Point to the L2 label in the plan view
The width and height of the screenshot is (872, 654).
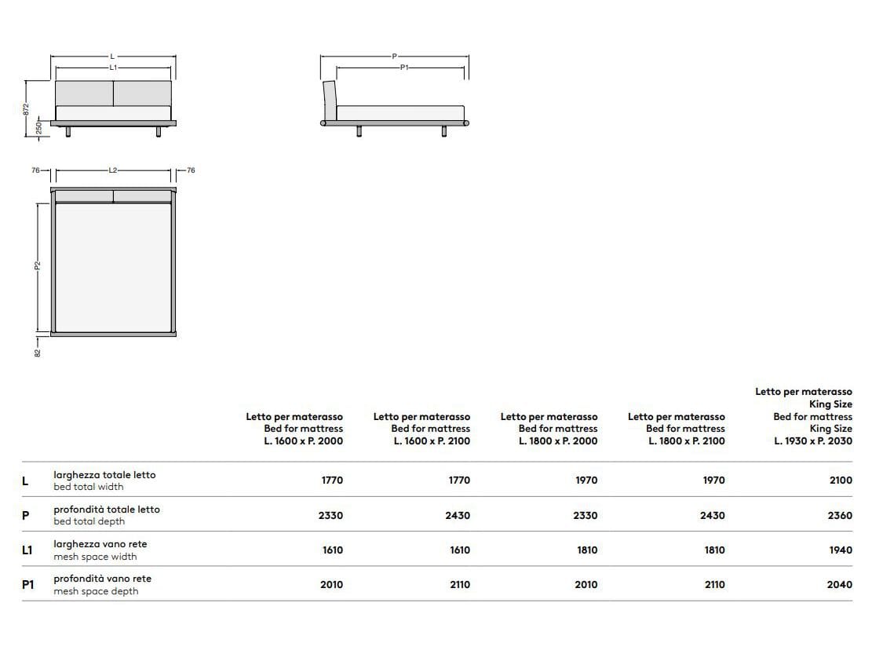coord(113,170)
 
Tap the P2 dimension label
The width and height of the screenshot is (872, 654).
coord(37,267)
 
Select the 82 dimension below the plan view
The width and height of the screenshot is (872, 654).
coord(37,352)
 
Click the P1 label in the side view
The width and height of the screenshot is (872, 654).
coord(404,68)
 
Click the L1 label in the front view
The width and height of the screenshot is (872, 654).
coord(113,68)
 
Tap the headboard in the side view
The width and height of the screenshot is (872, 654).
coord(330,100)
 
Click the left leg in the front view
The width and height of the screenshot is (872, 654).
coord(69,131)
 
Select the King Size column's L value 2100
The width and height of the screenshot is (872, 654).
coord(840,480)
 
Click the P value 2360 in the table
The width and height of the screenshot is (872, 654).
coord(840,516)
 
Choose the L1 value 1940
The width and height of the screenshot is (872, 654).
coord(840,550)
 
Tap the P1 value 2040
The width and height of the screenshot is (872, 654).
coord(840,585)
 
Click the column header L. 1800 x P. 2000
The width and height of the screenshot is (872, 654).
coord(557,440)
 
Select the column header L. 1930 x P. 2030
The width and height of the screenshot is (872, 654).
coord(812,440)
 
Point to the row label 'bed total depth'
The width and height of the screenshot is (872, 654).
coord(89,521)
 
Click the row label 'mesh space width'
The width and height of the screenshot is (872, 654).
coord(95,557)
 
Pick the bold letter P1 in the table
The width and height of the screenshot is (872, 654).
coord(27,585)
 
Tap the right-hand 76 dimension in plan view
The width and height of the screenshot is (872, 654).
coord(190,170)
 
